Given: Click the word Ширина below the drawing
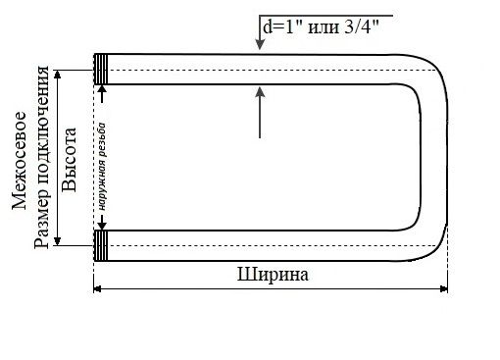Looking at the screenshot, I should point(273,275).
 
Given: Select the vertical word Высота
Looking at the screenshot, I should point(70,157).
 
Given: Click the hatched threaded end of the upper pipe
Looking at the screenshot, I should point(100,69).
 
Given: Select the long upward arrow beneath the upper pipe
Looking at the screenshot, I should point(259,113).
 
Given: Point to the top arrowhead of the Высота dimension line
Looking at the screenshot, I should point(58,75).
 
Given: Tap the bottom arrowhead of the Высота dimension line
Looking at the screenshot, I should point(58,240).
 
